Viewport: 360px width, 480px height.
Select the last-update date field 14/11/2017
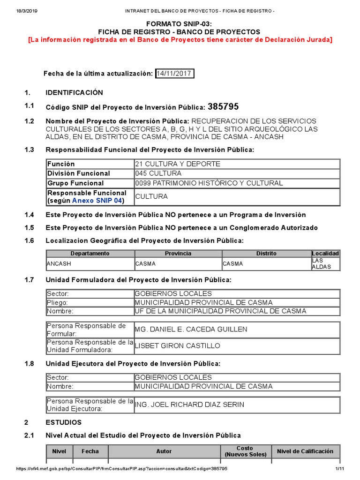tap(174, 74)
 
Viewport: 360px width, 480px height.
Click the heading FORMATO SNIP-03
tap(180, 23)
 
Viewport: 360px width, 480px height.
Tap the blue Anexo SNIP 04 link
tap(97, 201)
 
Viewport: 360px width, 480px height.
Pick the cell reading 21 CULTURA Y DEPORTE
tap(171, 164)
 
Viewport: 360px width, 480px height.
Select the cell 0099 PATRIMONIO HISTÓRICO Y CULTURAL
tap(209, 183)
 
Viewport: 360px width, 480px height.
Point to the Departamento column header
tap(90, 254)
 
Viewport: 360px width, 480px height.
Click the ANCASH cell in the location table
tap(59, 264)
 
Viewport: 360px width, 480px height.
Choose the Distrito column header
tap(266, 254)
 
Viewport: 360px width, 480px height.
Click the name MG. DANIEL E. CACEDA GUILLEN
tap(191, 330)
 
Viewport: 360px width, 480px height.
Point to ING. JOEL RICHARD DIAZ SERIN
tap(189, 405)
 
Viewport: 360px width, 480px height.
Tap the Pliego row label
tap(57, 302)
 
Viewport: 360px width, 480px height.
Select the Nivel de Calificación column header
tap(305, 451)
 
